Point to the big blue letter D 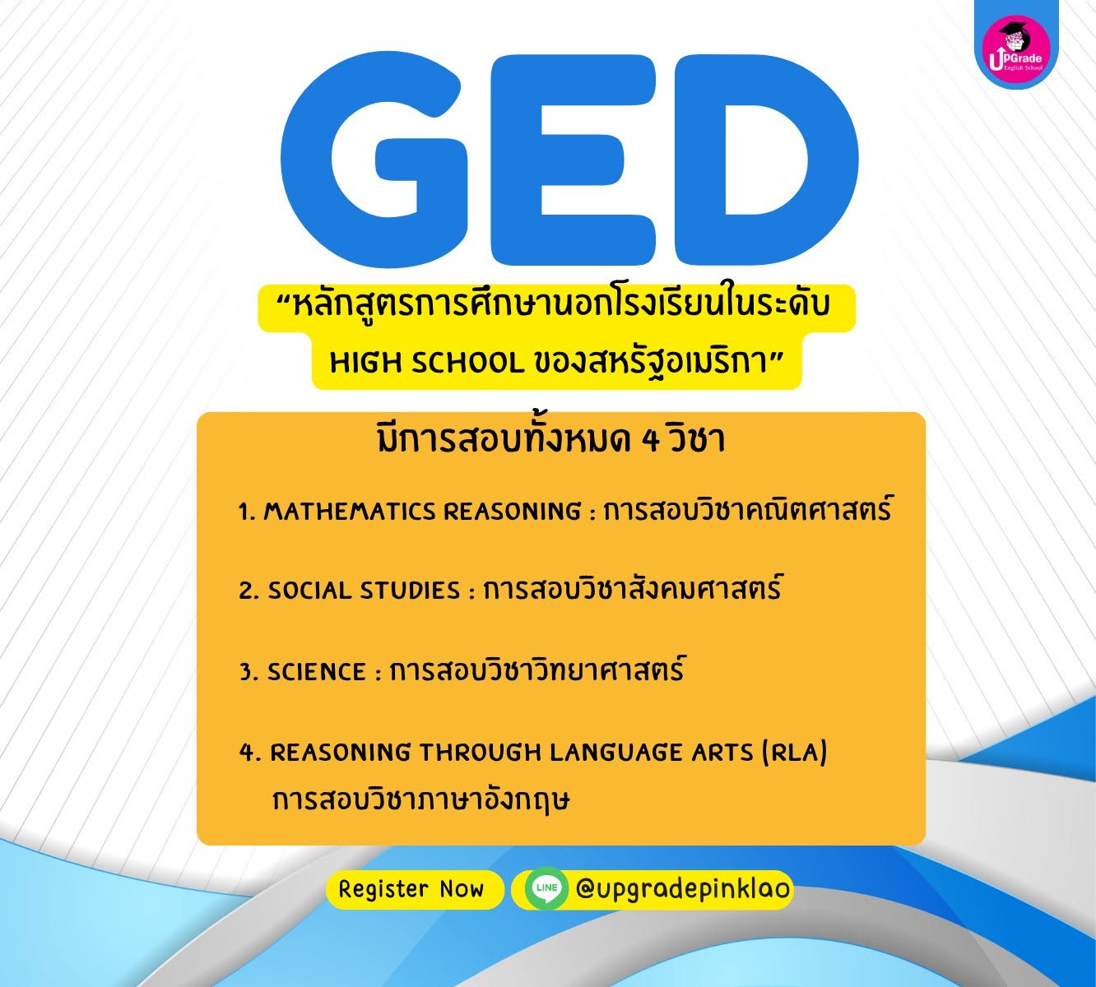point(765,158)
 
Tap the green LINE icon point(546,887)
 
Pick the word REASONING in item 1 point(512,512)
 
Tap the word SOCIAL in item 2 point(309,591)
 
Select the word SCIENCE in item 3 point(316,671)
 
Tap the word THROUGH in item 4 point(481,753)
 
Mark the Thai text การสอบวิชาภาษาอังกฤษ point(420,800)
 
